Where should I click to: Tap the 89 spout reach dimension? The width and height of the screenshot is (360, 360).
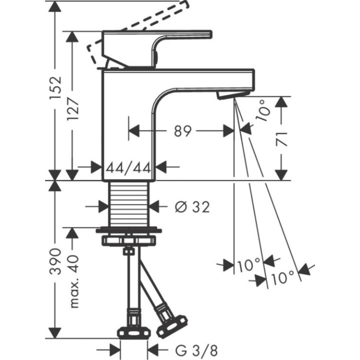(x=182, y=131)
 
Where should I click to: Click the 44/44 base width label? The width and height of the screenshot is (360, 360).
(x=129, y=168)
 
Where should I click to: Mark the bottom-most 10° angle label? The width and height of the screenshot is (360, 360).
(x=283, y=277)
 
